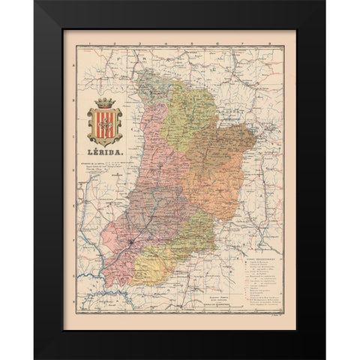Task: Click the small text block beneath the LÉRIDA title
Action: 105,167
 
